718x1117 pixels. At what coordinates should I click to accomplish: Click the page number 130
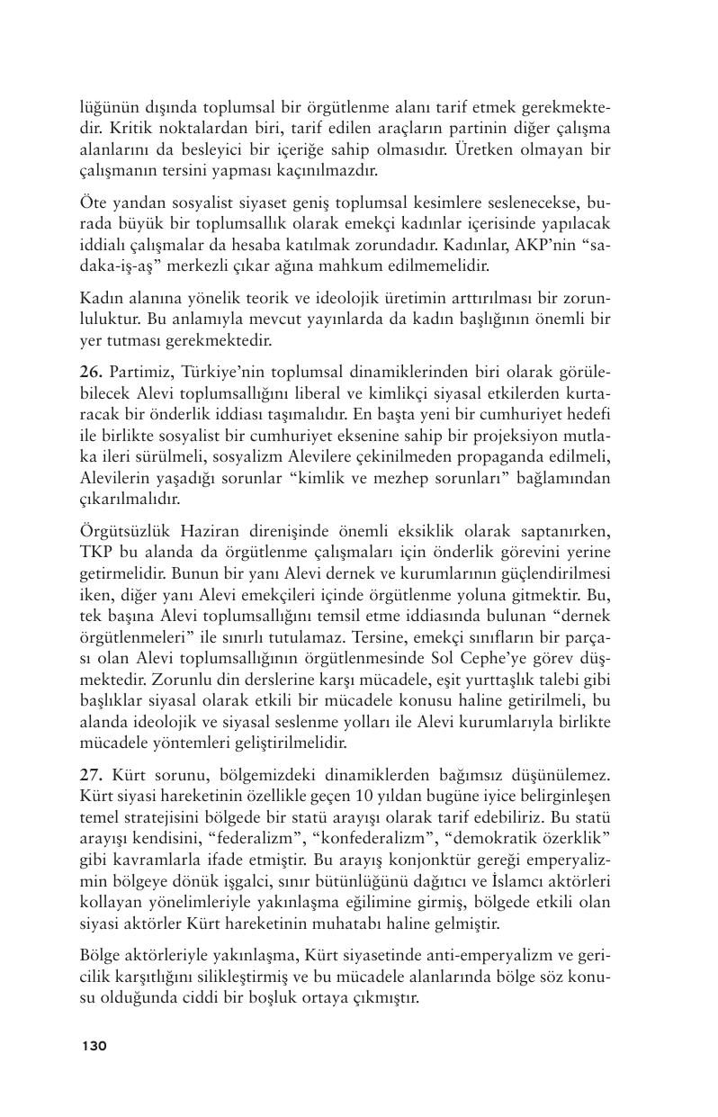point(94,1046)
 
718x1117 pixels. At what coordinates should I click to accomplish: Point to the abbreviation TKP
point(96,553)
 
